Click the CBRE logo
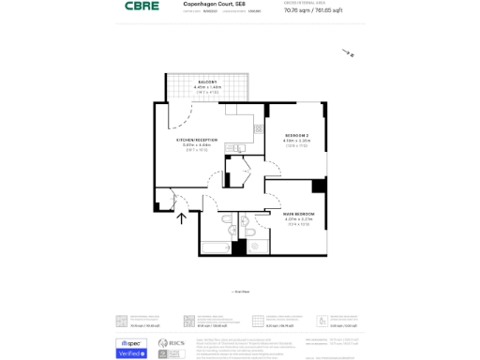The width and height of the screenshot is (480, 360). click(142, 7)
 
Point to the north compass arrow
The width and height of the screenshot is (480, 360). click(348, 53)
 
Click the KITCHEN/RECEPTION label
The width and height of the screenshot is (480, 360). click(197, 140)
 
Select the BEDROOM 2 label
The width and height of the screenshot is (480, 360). click(296, 136)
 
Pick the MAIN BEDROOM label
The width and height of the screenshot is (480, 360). click(298, 215)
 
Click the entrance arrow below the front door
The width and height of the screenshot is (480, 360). click(182, 218)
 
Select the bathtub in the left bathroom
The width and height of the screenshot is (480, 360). click(215, 248)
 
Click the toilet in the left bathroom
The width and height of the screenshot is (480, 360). click(232, 231)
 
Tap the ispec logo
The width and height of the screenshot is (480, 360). click(130, 343)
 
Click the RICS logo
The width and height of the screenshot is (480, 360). click(172, 343)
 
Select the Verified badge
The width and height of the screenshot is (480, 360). click(130, 353)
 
